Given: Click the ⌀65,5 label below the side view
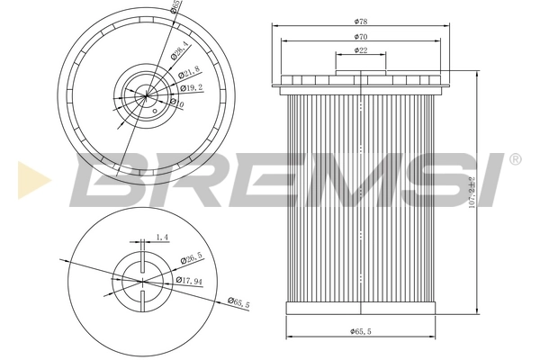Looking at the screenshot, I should click(360, 333).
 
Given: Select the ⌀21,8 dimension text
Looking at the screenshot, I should click(189, 74).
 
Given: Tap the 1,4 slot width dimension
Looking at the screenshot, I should click(162, 238).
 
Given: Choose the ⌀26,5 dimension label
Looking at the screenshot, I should click(191, 259).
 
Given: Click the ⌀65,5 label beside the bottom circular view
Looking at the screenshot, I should click(238, 303).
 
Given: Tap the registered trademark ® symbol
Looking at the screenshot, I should click(514, 159).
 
